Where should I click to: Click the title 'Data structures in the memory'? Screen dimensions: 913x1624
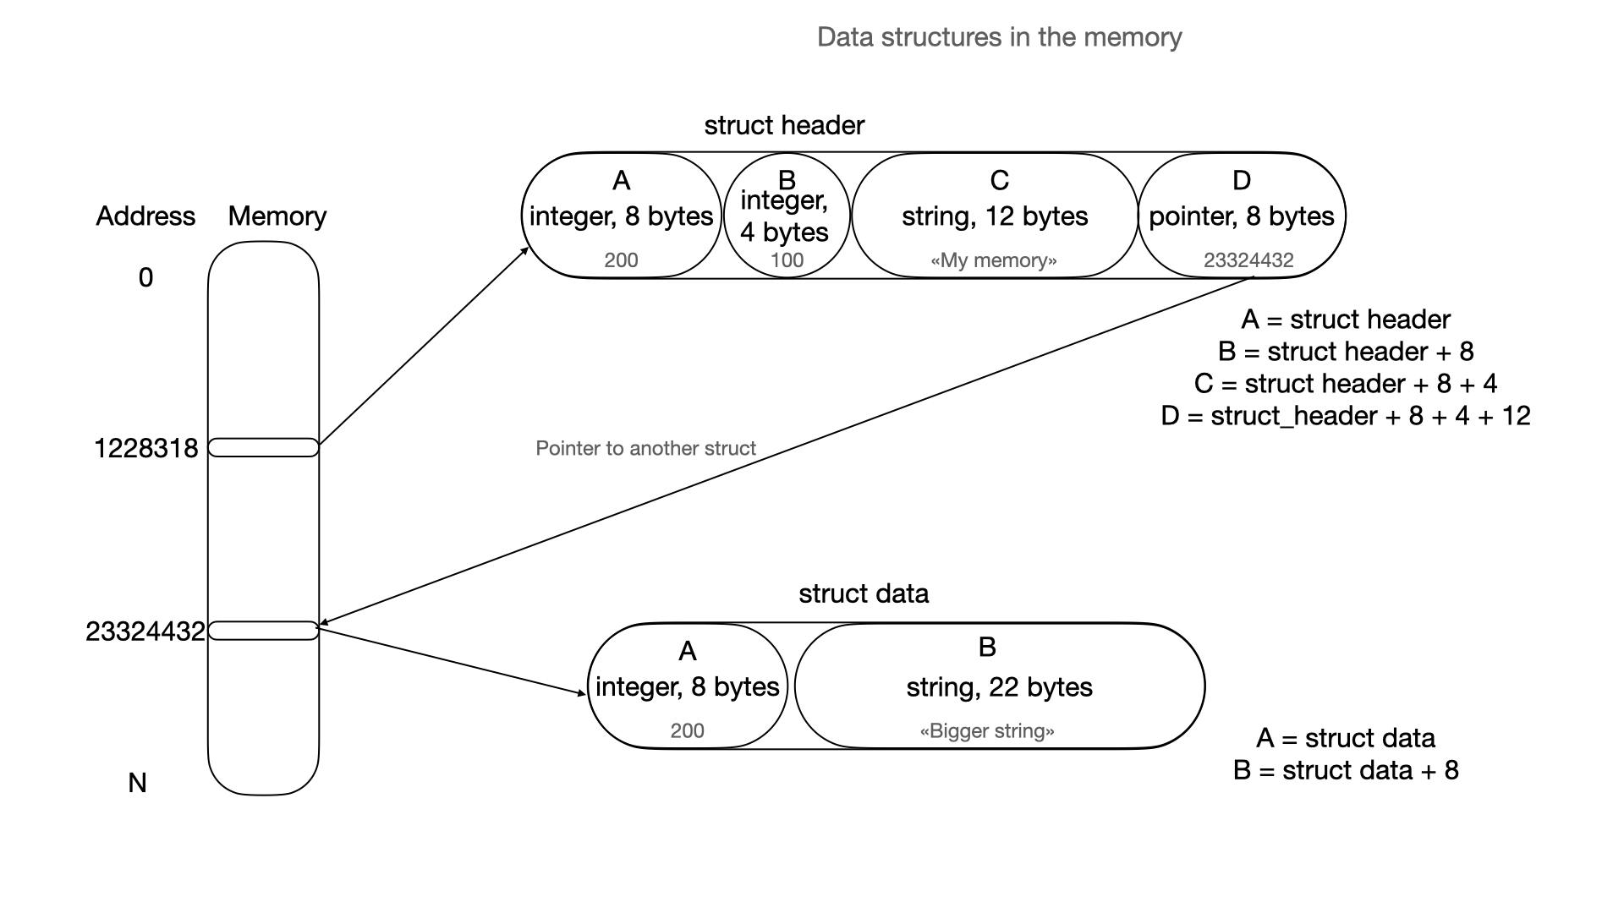click(x=999, y=37)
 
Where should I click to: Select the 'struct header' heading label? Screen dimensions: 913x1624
click(x=784, y=125)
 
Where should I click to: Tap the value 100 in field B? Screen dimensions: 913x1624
click(x=787, y=260)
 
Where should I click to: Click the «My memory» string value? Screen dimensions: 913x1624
click(x=993, y=260)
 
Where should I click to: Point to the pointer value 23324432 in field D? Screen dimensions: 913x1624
click(x=1248, y=260)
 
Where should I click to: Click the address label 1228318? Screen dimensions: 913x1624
click(x=145, y=448)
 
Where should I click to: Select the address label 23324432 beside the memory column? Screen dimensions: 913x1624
click(x=145, y=631)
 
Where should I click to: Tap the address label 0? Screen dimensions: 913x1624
click(x=145, y=277)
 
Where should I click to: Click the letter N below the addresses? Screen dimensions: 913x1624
click(x=137, y=783)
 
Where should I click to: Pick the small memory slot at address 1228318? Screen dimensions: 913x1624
click(x=263, y=447)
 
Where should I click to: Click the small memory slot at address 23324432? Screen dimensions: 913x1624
click(x=263, y=631)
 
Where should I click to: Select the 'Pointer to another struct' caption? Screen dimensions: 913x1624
click(x=645, y=448)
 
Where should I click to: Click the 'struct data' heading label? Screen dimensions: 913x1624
click(x=863, y=593)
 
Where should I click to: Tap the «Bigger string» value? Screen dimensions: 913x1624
click(x=987, y=731)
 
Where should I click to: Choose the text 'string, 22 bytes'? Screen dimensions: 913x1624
click(x=999, y=687)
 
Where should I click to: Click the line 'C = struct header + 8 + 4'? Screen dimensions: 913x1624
click(x=1345, y=384)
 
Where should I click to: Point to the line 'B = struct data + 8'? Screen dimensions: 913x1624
click(x=1345, y=770)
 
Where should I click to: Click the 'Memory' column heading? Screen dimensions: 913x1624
click(x=277, y=216)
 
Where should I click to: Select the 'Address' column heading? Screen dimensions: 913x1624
click(x=145, y=216)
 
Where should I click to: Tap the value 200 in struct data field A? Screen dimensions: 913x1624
click(x=687, y=731)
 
